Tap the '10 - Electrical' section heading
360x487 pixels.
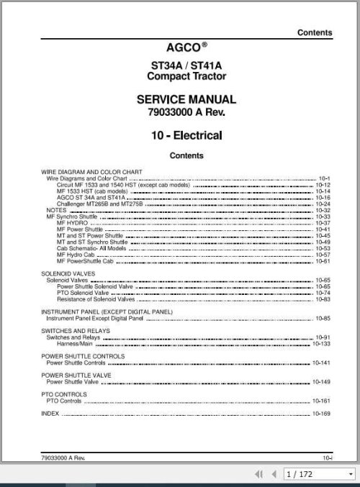[186, 135]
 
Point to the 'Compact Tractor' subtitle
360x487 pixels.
[186, 77]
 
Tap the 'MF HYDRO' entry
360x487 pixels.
[71, 224]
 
